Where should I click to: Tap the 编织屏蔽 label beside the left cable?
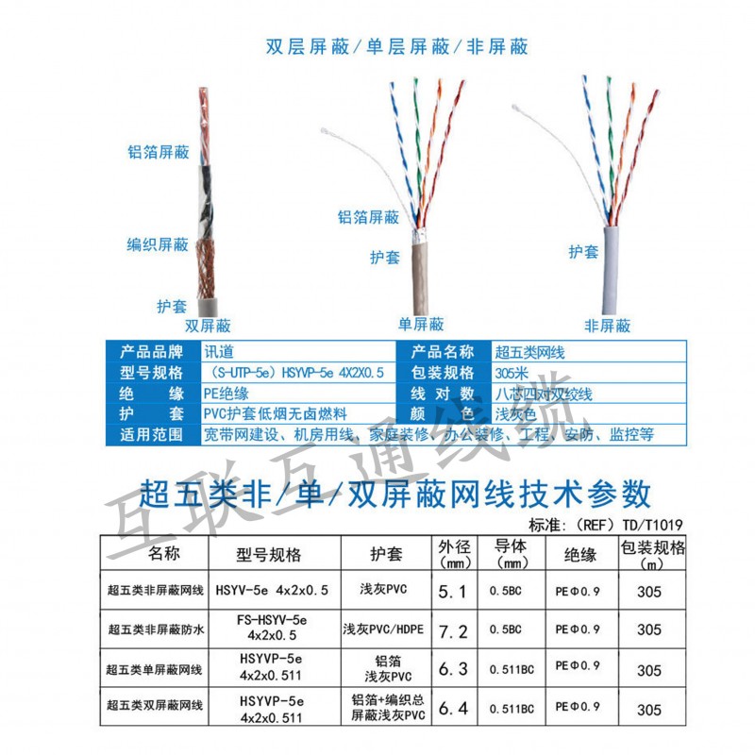pos(159,244)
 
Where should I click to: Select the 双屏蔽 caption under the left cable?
pos(208,326)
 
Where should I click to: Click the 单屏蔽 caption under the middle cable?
pos(421,325)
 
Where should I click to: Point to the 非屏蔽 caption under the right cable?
pos(607,326)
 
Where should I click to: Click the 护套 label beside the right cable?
pos(583,252)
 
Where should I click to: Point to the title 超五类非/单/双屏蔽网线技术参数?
pos(395,493)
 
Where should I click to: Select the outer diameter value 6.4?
pos(454,708)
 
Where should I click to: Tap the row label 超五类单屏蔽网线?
pos(154,669)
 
